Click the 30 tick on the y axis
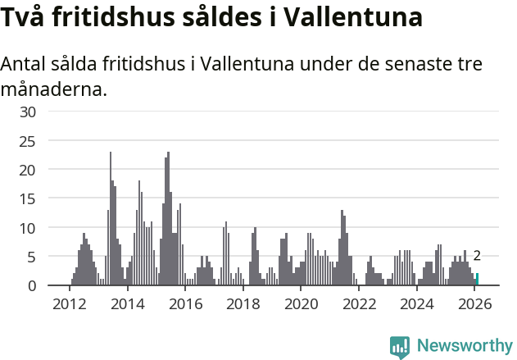coord(28,112)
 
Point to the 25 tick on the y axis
coord(28,141)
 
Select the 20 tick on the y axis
coord(28,170)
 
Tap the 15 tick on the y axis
coord(28,198)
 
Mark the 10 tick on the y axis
coord(28,227)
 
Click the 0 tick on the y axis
coord(32,285)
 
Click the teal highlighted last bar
coord(477,280)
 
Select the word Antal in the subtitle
coord(25,64)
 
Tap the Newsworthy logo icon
coord(400,346)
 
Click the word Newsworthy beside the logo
coord(465,346)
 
